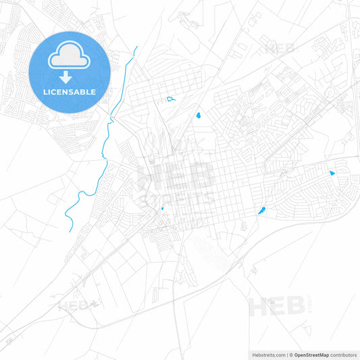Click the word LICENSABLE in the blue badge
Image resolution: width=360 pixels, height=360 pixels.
pyautogui.click(x=70, y=92)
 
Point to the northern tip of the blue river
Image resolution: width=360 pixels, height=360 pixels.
pyautogui.click(x=136, y=47)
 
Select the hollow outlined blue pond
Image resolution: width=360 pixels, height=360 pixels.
pyautogui.click(x=171, y=99)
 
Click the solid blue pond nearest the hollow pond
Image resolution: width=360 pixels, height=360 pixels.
pyautogui.click(x=199, y=115)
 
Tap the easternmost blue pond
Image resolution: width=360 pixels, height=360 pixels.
pyautogui.click(x=332, y=173)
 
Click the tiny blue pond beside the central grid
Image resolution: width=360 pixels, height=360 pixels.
pyautogui.click(x=163, y=208)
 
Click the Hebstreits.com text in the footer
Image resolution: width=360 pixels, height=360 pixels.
pyautogui.click(x=267, y=355)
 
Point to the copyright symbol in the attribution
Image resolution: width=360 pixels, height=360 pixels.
pyautogui.click(x=291, y=355)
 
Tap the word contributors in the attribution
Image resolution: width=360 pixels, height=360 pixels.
pyautogui.click(x=343, y=355)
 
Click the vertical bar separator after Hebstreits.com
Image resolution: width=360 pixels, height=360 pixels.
pyautogui.click(x=286, y=355)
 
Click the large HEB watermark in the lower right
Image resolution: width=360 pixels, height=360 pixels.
pyautogui.click(x=277, y=307)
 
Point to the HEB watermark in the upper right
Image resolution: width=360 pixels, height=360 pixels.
pyautogui.click(x=280, y=49)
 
